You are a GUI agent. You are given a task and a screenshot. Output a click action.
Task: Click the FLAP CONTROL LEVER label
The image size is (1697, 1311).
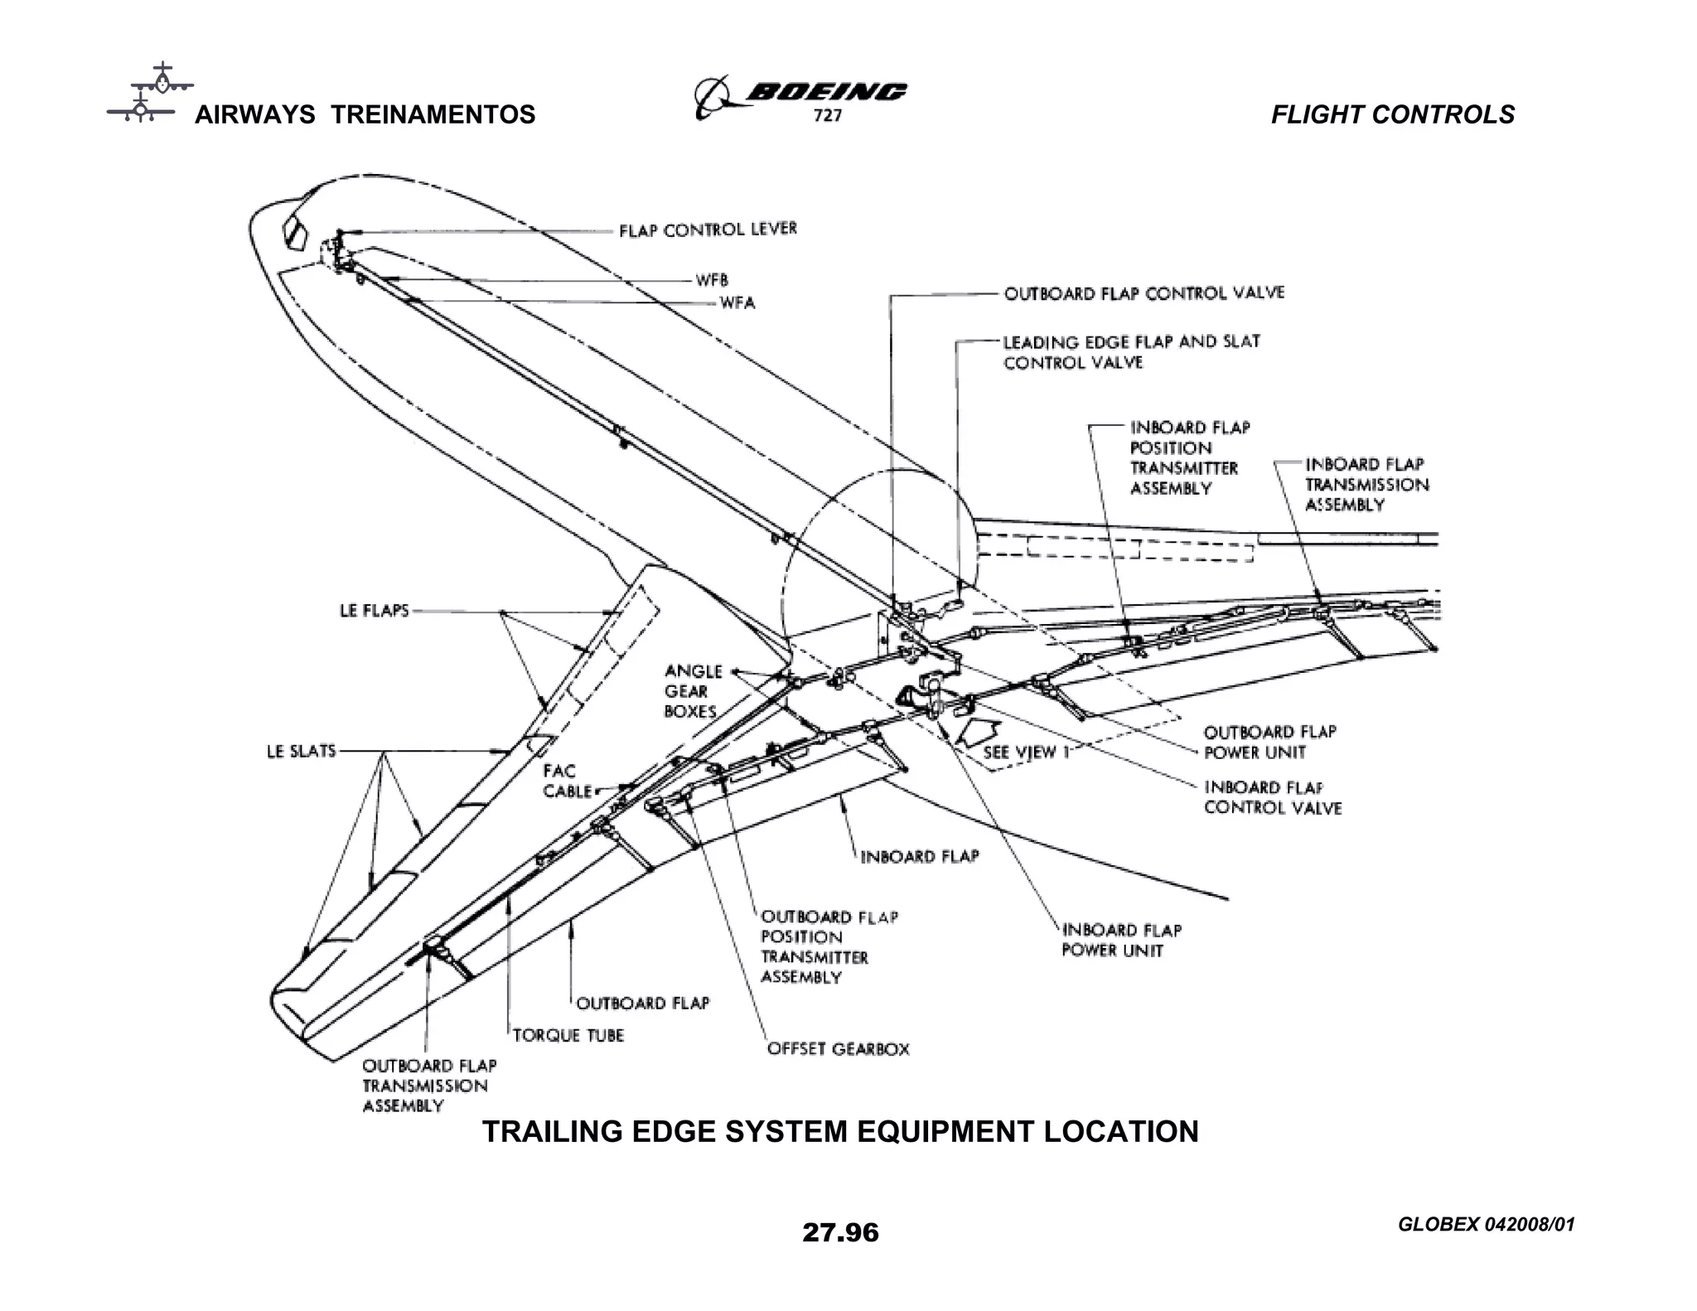pos(708,230)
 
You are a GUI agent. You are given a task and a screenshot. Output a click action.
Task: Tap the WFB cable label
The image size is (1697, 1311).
pos(712,281)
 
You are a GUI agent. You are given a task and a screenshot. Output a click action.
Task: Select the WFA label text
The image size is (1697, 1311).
pos(737,303)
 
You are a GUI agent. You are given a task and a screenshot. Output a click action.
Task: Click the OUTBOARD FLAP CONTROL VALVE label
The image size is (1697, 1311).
pos(1143,293)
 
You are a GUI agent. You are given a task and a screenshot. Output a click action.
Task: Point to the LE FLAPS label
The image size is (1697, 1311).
pos(375,611)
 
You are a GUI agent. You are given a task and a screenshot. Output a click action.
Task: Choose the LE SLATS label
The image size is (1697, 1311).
pos(302,751)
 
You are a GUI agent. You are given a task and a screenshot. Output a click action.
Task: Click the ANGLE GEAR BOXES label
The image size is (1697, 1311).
pos(693,691)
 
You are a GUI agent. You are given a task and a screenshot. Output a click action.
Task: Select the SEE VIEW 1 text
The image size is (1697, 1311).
pos(1027,752)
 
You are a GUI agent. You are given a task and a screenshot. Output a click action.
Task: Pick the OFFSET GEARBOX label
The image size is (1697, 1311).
pos(838,1049)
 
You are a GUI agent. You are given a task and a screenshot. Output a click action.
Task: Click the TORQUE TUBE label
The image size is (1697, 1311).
pos(568,1036)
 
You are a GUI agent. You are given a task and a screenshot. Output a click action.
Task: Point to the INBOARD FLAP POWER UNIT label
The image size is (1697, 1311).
pos(1121,941)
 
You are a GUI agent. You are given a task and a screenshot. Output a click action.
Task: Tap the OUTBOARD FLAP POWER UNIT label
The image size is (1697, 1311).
pos(1269,742)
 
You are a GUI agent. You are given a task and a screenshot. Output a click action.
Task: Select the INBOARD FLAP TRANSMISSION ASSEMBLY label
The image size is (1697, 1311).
pos(1366,485)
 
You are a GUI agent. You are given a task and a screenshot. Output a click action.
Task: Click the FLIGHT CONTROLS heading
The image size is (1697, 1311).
pos(1392,114)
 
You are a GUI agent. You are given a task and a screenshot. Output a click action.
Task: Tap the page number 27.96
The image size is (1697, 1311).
pos(840,1232)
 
